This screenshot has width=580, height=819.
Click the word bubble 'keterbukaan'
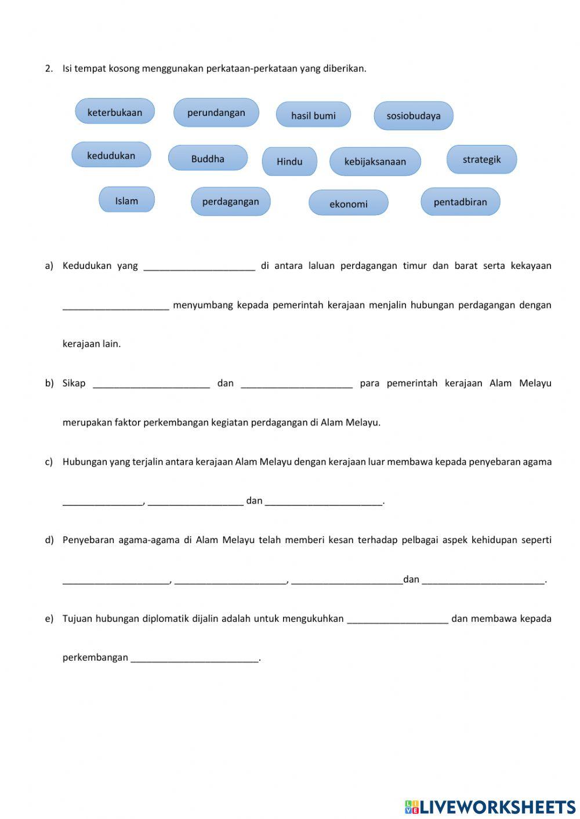tap(115, 112)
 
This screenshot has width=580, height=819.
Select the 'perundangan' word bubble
tap(216, 112)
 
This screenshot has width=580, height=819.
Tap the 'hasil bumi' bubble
tap(313, 115)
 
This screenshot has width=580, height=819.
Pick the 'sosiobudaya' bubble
tap(413, 115)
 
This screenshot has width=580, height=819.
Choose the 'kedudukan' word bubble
tap(111, 155)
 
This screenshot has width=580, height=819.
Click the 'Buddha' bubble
tap(208, 158)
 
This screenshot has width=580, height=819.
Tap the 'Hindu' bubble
tap(289, 161)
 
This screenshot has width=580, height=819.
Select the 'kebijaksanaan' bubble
tap(375, 161)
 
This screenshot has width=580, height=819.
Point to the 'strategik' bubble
tap(481, 159)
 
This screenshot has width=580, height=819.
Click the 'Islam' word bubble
tap(126, 201)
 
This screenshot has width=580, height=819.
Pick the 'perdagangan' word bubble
tap(230, 201)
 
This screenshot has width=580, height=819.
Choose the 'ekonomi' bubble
tap(348, 203)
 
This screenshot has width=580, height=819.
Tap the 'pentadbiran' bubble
tap(460, 202)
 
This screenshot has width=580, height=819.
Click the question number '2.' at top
tap(49, 68)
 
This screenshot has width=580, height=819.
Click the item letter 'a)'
tap(49, 265)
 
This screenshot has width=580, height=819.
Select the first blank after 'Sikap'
tap(151, 384)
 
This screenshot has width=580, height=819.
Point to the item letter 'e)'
tap(49, 618)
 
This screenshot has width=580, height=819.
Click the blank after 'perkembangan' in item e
tap(194, 658)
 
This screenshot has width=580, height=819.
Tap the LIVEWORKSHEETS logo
tap(490, 807)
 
